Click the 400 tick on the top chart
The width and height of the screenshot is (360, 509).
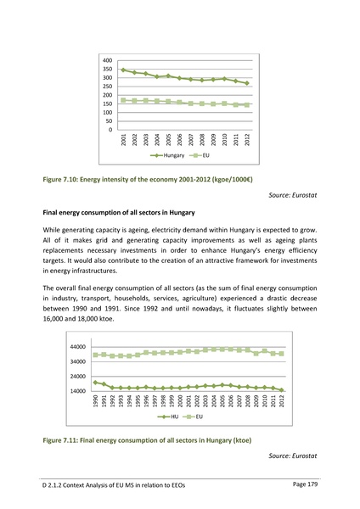[x=107, y=60]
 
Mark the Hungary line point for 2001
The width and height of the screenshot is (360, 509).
[x=124, y=70]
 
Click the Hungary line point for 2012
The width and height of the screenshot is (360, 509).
[x=247, y=83]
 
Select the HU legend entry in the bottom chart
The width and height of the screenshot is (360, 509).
[x=167, y=417]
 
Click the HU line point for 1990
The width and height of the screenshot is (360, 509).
[x=95, y=382]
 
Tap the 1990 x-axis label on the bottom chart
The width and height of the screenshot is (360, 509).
[x=95, y=402]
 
